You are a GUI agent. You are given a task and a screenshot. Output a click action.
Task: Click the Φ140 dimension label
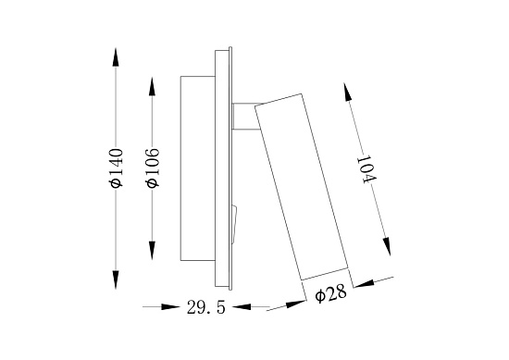click(117, 168)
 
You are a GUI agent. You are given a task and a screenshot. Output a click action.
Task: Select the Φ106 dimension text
click(153, 168)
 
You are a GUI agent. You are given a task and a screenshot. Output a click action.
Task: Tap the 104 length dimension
click(366, 170)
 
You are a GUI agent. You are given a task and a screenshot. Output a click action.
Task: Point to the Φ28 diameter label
click(330, 294)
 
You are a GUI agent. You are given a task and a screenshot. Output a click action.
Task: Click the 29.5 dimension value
click(205, 307)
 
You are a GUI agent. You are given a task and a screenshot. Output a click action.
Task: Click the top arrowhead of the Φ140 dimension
click(116, 57)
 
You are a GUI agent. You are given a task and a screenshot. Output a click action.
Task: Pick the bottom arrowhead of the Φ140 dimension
click(116, 279)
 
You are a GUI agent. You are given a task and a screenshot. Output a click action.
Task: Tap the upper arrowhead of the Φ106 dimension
click(152, 86)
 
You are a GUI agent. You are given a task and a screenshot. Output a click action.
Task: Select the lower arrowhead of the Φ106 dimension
click(152, 250)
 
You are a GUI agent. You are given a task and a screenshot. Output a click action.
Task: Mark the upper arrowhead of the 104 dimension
click(348, 93)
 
